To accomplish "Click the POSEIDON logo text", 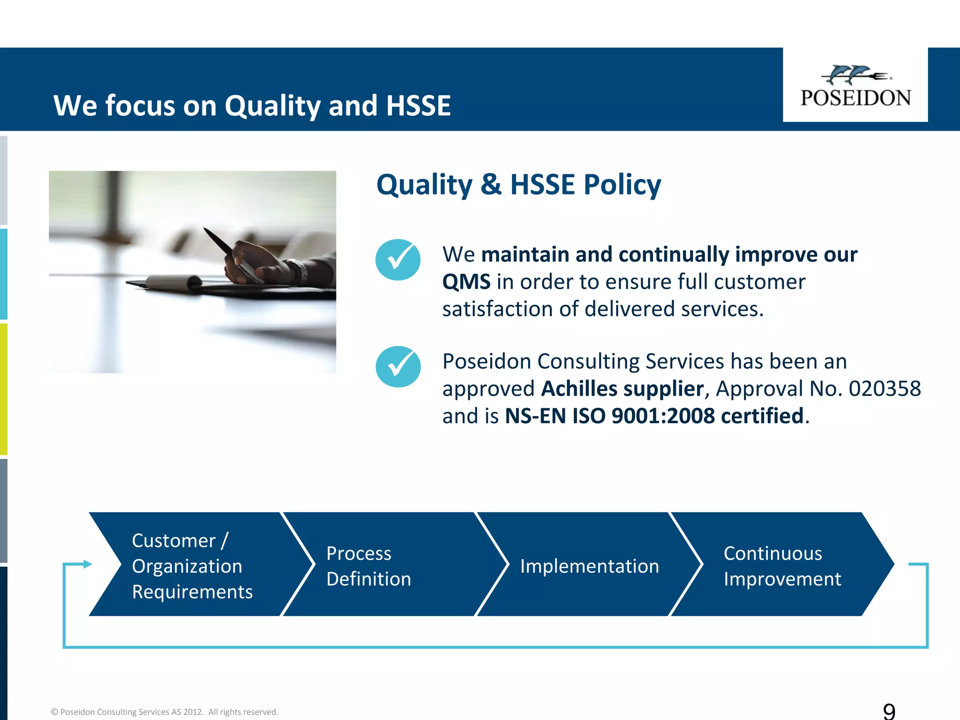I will coord(855,98).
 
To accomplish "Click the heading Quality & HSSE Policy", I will coord(518,185).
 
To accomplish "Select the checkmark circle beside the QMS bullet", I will coord(398,260).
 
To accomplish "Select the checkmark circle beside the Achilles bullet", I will coord(398,367).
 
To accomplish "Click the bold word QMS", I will coord(466,282).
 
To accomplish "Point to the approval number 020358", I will coord(885,389).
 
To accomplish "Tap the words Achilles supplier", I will coord(622,389).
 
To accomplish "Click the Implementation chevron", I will coord(589,566).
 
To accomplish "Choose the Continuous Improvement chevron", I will coord(782,566).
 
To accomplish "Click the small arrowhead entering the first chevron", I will coord(87,564).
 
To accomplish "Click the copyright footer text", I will coord(165,712).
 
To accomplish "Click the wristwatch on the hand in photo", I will coord(300,271).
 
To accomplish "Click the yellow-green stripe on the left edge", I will coord(3,389).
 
